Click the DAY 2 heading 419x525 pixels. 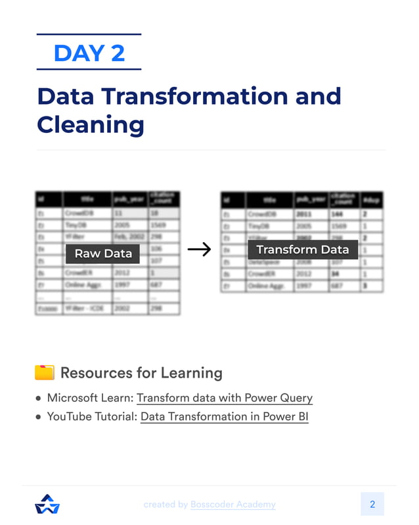pos(89,53)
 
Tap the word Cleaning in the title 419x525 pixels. pos(90,124)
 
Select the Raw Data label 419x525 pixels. pos(103,253)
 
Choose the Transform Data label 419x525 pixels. pos(302,250)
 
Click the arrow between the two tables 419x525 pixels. pos(199,249)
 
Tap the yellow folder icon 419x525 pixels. pos(44,373)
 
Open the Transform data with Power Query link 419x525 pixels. pos(225,398)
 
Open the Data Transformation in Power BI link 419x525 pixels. pos(225,416)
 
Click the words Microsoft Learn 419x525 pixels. pos(90,398)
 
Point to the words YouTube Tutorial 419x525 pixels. pos(91,416)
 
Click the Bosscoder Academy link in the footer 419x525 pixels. pos(233,505)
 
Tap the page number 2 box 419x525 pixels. pos(372,504)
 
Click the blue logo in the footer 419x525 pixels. pos(47,504)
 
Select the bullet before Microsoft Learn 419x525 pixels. pos(38,399)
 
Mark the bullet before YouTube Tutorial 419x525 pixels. pos(38,417)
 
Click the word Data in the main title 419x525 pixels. pos(65,96)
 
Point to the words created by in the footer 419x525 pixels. pos(165,505)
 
